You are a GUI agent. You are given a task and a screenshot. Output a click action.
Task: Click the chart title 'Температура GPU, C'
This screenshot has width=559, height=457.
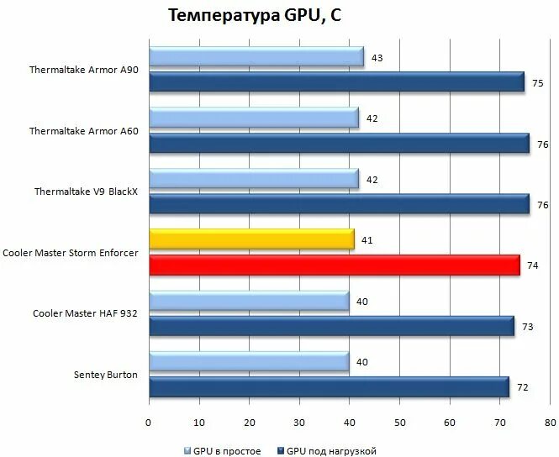(244, 16)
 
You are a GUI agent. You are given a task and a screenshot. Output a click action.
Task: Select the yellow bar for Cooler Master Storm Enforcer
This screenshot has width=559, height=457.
(251, 240)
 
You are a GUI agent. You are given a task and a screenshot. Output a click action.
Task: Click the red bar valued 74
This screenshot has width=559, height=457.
(334, 265)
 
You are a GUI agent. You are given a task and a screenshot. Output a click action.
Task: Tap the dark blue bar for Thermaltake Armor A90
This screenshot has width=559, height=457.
(336, 82)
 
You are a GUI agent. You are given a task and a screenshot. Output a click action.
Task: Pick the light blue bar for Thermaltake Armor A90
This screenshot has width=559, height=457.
(256, 57)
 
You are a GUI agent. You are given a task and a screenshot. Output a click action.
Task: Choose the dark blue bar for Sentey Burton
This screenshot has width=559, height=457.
(329, 387)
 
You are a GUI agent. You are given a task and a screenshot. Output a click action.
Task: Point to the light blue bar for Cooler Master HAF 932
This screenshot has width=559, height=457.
(249, 302)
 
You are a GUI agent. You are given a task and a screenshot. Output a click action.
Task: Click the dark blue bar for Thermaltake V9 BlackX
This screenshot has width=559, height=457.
(339, 204)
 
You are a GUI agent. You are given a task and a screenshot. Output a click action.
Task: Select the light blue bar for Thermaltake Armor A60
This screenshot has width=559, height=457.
(254, 118)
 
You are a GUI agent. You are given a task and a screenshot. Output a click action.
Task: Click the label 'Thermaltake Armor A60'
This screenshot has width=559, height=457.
(84, 131)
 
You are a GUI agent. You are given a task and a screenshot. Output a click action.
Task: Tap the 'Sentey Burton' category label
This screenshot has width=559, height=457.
(106, 375)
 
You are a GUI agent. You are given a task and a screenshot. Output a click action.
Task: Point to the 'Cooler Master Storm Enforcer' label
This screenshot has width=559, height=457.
(71, 253)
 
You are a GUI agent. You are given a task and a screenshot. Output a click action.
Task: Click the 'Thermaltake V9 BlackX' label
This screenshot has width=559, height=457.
(86, 192)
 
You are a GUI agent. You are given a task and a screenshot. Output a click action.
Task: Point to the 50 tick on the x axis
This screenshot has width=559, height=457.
(400, 423)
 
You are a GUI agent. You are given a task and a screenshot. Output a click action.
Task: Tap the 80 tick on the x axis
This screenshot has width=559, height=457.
(551, 423)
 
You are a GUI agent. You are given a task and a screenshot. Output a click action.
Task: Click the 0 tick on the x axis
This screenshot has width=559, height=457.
(149, 423)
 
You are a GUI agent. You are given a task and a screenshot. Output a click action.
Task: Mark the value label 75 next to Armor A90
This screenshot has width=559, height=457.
(537, 83)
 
